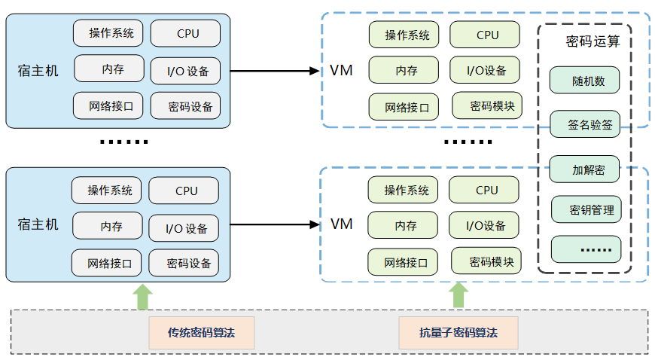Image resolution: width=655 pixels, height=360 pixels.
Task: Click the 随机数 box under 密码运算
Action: click(x=584, y=81)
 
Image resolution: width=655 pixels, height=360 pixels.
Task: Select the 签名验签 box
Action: click(x=584, y=124)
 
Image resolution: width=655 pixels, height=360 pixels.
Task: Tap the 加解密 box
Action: click(x=584, y=169)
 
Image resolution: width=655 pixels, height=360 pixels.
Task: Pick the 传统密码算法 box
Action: click(x=202, y=332)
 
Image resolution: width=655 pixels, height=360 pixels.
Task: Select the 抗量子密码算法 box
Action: click(x=458, y=332)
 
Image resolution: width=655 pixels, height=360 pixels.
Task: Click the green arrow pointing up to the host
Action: click(x=142, y=296)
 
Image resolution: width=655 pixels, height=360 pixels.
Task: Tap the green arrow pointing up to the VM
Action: click(x=458, y=296)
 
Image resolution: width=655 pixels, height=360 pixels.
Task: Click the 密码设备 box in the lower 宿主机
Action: click(x=184, y=264)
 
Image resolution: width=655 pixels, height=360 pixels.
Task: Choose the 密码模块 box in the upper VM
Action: click(x=486, y=105)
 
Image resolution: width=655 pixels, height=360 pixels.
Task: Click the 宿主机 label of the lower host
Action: click(x=38, y=224)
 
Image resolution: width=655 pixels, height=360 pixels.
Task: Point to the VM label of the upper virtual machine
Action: click(x=341, y=71)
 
